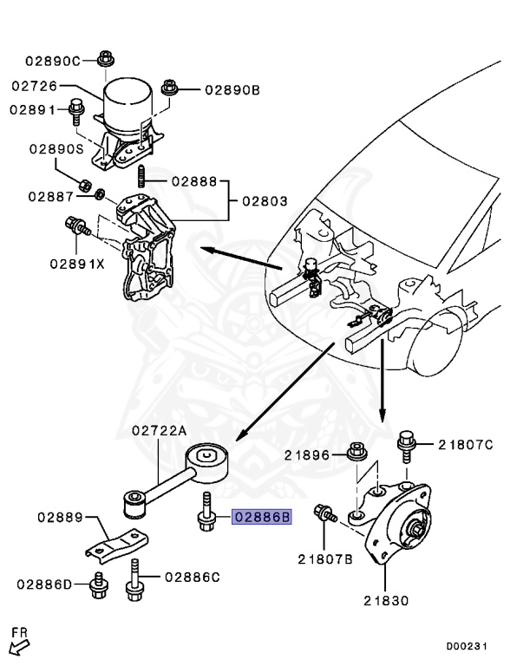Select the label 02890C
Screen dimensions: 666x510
(x=52, y=61)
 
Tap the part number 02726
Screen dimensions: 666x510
(x=36, y=86)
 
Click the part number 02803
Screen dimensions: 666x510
(x=265, y=201)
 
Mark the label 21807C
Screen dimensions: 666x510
(x=465, y=445)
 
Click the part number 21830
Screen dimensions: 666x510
(x=387, y=599)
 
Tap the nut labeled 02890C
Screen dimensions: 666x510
(x=106, y=59)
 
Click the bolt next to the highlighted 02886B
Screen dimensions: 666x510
(x=206, y=513)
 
